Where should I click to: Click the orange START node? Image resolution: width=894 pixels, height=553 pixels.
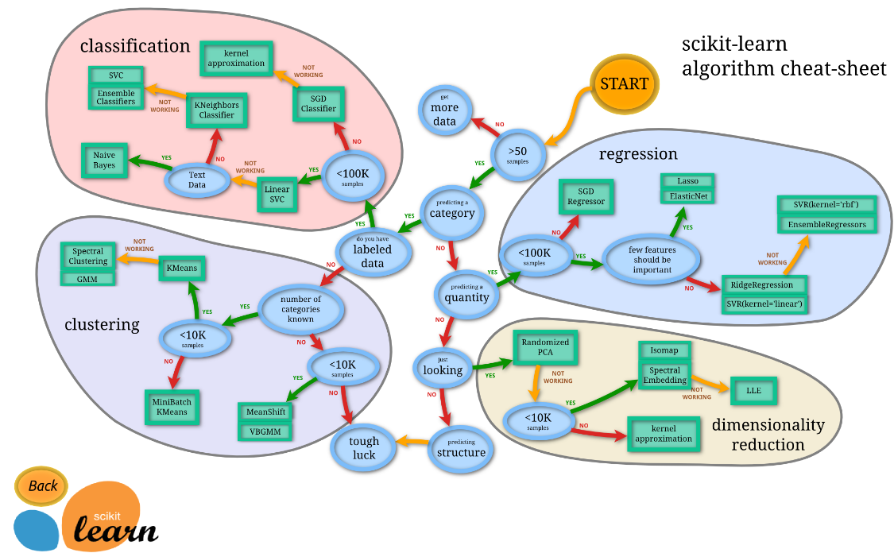tap(624, 84)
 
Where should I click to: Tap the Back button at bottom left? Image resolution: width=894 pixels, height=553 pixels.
tap(42, 485)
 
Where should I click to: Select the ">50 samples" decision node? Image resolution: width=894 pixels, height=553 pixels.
tap(517, 154)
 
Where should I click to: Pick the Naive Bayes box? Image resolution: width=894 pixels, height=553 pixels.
tap(104, 160)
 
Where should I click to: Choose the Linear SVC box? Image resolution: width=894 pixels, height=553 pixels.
tap(277, 194)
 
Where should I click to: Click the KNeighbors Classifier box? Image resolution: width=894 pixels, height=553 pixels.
tap(216, 110)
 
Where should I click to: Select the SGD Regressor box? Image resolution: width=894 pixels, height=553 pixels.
tap(586, 196)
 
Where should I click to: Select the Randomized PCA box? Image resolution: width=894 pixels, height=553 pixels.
tap(544, 347)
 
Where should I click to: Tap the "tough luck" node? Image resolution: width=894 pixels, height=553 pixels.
tap(364, 447)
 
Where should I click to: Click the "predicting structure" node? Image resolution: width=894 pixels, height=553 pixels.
tap(460, 449)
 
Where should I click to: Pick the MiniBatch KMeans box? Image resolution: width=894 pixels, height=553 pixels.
tap(172, 408)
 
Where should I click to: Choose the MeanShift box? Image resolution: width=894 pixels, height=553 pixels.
tap(265, 412)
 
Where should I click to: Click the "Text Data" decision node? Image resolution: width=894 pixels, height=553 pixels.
tap(196, 180)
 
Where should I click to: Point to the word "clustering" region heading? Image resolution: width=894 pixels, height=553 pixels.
tap(102, 324)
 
